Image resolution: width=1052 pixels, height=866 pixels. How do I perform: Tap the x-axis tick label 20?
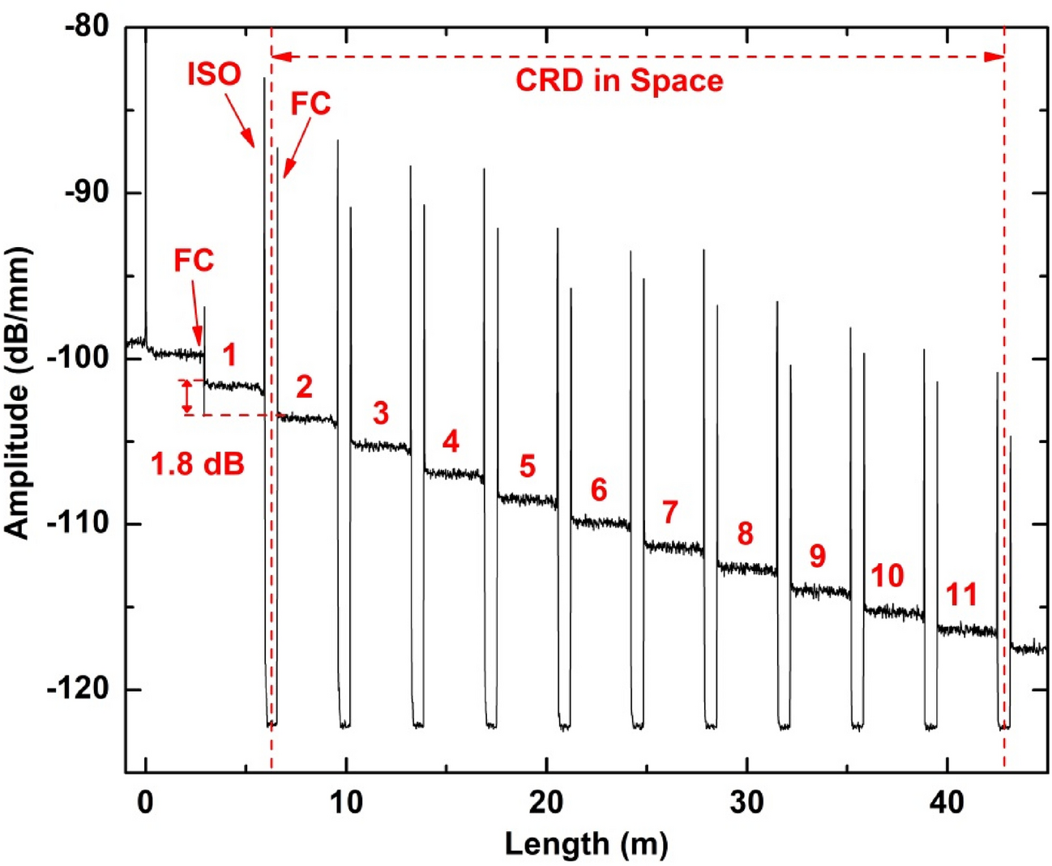tap(545, 802)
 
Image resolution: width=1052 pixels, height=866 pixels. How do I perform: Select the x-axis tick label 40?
tap(946, 802)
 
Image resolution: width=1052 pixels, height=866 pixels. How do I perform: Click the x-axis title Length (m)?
tap(586, 844)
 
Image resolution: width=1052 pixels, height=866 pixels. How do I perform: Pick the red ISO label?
tap(214, 75)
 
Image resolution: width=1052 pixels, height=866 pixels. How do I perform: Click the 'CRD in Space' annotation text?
tap(619, 81)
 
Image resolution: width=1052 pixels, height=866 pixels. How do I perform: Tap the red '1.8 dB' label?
tap(198, 464)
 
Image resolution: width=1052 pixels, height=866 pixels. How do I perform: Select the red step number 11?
tap(962, 595)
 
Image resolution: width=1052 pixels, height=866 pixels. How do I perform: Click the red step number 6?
tap(598, 489)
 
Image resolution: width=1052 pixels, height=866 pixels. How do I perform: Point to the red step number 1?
tap(229, 355)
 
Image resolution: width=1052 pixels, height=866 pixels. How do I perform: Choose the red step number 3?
tap(380, 413)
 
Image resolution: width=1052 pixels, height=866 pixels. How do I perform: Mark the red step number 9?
tap(817, 556)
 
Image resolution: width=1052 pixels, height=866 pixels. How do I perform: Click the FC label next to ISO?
tap(310, 104)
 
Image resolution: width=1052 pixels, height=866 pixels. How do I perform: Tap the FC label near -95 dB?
tap(194, 261)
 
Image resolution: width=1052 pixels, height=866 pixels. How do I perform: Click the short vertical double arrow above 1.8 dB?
tap(187, 397)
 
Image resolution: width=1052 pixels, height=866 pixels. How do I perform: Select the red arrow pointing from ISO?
tap(239, 118)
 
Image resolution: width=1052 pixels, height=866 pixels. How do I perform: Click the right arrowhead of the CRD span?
tap(994, 57)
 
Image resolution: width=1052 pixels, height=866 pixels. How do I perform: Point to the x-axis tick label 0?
tap(145, 802)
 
